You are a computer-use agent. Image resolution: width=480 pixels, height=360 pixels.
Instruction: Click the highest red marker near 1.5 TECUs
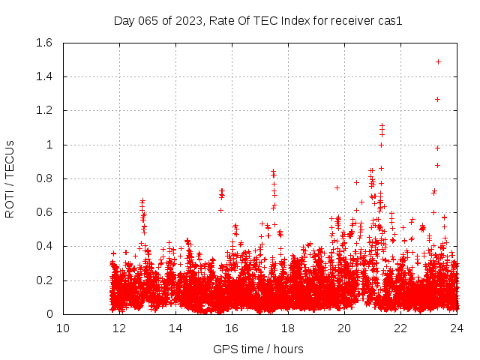(438, 61)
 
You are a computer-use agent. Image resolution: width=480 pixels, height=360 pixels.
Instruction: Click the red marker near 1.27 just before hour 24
(437, 99)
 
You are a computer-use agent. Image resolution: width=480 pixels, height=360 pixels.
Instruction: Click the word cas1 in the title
(391, 21)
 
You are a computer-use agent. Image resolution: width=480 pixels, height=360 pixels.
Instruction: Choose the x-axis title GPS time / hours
(259, 349)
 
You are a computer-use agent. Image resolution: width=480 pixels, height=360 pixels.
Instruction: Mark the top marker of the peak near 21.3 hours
(382, 125)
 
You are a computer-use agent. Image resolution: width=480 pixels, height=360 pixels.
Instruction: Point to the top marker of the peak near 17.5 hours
(274, 171)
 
